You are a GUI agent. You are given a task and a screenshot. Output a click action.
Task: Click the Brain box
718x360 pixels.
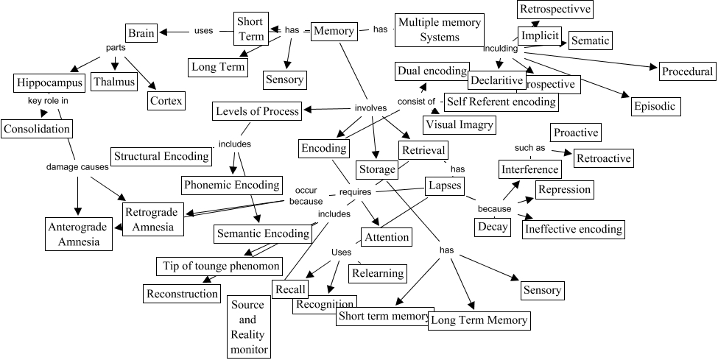pos(141,33)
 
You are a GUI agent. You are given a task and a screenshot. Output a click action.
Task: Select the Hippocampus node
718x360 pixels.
pos(49,82)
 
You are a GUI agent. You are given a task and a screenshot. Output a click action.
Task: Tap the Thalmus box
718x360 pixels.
pos(113,82)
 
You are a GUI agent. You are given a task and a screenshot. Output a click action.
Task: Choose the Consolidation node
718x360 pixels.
pos(37,129)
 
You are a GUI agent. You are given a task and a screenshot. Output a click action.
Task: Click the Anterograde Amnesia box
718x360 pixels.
pos(77,233)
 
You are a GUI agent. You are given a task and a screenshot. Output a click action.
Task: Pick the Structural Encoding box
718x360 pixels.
pos(161,156)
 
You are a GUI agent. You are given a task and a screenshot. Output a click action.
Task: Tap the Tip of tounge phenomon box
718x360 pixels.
pos(219,265)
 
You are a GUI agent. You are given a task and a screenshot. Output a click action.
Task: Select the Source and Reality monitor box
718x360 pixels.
pos(247,327)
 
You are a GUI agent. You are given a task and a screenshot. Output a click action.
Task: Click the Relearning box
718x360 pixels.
pos(378,273)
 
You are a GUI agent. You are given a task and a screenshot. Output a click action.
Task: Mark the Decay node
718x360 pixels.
pos(493,226)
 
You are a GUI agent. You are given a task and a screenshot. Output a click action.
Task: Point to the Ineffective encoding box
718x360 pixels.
pos(574,229)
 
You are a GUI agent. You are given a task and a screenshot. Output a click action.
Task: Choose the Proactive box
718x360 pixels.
pos(576,133)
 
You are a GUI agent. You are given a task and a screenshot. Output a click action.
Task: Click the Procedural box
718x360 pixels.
pos(687,71)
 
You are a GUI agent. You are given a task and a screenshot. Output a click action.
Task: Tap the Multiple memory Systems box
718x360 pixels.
pos(439,29)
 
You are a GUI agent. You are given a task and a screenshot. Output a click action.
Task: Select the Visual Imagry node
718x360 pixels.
pos(458,124)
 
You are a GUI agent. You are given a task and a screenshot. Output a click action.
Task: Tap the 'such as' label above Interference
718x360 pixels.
pos(529,148)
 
